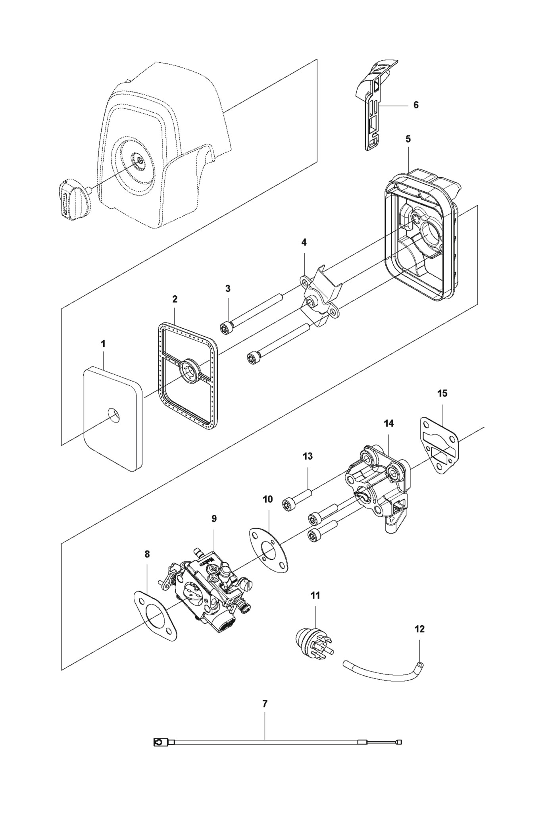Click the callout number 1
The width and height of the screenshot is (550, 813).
pyautogui.click(x=103, y=344)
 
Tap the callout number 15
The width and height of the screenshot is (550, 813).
pyautogui.click(x=442, y=393)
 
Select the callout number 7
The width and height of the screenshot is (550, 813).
pyautogui.click(x=265, y=703)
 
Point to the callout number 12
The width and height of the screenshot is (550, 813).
pyautogui.click(x=419, y=629)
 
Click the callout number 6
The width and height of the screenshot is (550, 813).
pyautogui.click(x=416, y=105)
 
